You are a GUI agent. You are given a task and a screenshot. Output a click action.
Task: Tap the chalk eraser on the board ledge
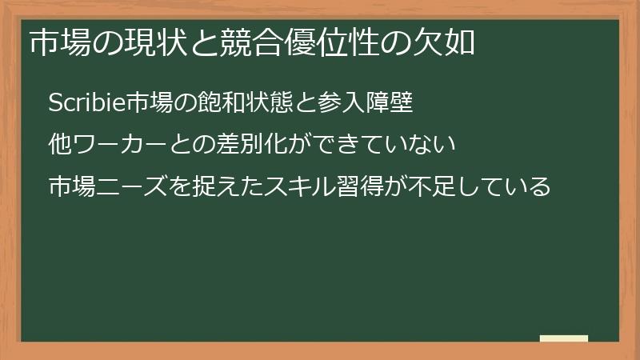tap(564, 338)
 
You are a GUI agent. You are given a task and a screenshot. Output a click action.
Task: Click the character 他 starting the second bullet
tap(60, 145)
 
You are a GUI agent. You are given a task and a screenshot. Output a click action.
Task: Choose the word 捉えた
tap(218, 186)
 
